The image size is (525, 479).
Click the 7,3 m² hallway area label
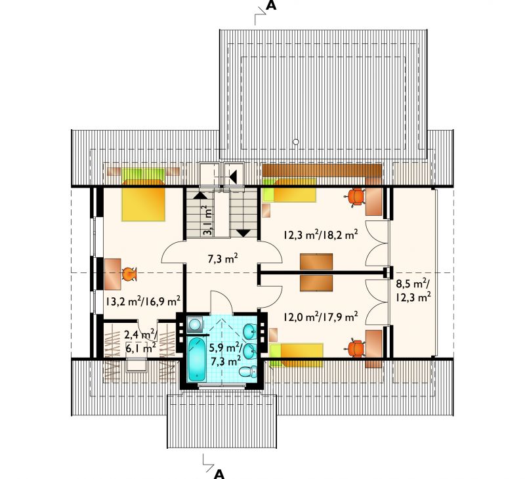click(223, 259)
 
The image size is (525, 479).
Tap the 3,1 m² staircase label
click(207, 221)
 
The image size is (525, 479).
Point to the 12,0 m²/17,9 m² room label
click(321, 316)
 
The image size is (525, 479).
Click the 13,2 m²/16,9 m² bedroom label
click(144, 301)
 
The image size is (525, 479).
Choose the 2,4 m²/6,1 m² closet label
click(140, 341)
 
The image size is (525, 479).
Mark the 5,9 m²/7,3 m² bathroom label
click(225, 354)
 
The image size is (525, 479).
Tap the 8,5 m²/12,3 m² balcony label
click(413, 291)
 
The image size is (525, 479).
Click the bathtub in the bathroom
click(197, 359)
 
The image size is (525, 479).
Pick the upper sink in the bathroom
click(250, 331)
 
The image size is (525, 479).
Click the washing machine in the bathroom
click(195, 324)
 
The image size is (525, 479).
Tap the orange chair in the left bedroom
click(129, 274)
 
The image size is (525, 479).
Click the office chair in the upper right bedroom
click(356, 197)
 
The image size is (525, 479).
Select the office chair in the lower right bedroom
click(356, 349)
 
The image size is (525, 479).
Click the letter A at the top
click(271, 6)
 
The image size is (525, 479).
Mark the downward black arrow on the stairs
click(243, 233)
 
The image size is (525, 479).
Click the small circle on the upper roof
click(296, 142)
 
